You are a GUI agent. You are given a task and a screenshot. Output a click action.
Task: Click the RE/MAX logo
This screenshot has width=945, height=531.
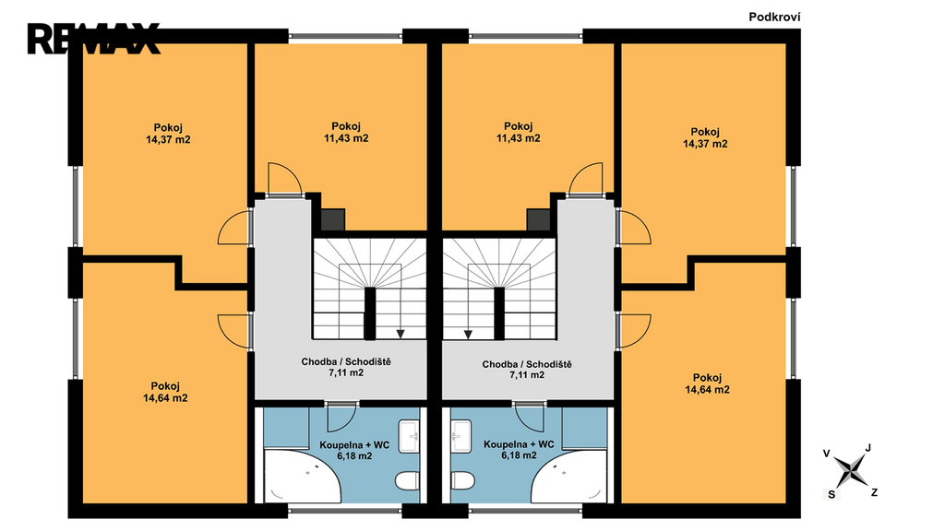[94, 39]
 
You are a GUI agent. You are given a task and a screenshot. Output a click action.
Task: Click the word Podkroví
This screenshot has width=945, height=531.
[774, 17]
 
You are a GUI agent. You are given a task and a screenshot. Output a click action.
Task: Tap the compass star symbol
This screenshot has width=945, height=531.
[850, 469]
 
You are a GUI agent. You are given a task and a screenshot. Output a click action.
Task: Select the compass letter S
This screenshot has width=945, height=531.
[831, 494]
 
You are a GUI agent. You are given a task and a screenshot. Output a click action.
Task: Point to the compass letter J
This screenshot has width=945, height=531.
[867, 448]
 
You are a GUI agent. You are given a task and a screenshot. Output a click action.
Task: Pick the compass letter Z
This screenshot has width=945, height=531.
[874, 492]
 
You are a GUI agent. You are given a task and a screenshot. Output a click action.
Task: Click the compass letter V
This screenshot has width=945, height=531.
[826, 454]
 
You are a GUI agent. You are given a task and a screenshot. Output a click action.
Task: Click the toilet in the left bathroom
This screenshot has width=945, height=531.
[407, 480]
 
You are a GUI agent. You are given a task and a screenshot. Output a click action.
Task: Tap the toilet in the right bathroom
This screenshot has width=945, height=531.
[462, 480]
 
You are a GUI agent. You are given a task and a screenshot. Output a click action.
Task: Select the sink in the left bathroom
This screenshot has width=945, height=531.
[410, 436]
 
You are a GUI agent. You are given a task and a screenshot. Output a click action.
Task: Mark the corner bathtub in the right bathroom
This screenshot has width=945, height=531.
[568, 477]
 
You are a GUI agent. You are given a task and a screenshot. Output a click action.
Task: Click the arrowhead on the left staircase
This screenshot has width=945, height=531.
[401, 334]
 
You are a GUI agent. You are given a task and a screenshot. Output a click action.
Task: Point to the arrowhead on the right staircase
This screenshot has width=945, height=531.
[468, 334]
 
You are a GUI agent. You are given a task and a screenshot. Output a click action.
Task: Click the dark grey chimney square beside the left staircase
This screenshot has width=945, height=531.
[332, 219]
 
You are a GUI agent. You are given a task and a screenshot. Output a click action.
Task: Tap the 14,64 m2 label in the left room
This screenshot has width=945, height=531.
[165, 398]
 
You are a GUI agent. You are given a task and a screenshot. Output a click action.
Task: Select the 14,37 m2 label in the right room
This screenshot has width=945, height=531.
[705, 144]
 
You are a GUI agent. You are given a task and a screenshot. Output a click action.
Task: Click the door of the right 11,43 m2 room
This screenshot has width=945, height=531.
[585, 180]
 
